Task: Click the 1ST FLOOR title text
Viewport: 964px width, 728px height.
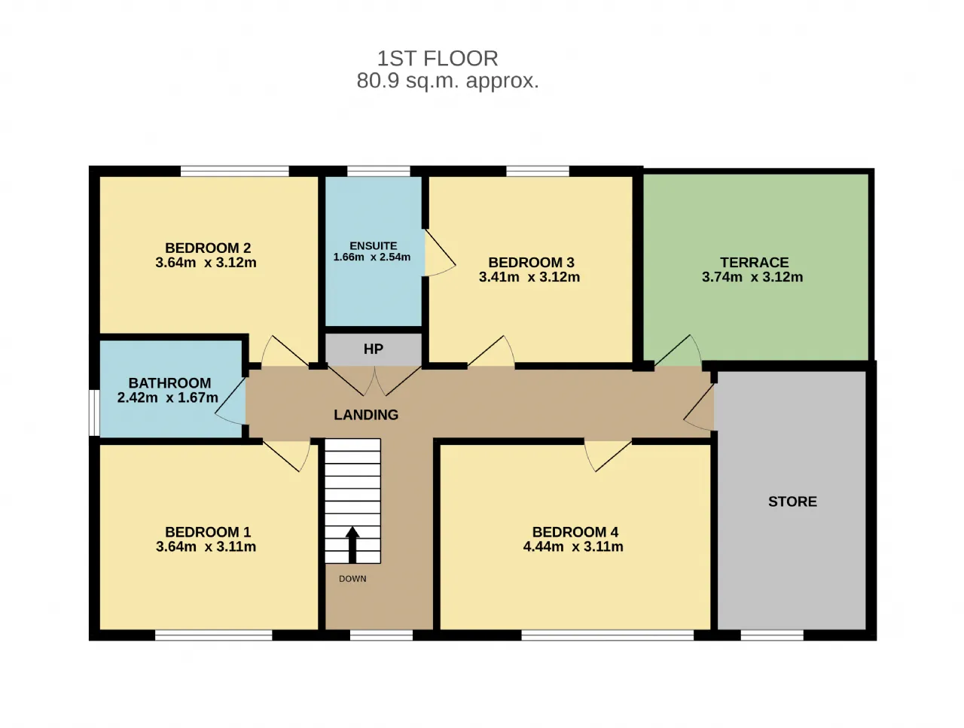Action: click(x=438, y=59)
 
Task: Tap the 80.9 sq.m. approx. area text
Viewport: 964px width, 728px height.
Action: click(x=447, y=81)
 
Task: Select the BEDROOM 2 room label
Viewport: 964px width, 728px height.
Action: click(x=208, y=248)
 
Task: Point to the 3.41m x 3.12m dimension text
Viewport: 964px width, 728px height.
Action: click(x=529, y=277)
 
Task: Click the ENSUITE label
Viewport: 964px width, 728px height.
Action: click(x=374, y=245)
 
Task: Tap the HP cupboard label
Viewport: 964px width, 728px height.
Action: click(x=374, y=349)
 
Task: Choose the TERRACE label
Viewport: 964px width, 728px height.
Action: click(x=755, y=263)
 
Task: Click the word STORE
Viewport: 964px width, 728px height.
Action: click(x=793, y=501)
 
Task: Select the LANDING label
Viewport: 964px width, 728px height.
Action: click(x=366, y=415)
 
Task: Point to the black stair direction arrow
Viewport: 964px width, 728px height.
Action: click(x=352, y=544)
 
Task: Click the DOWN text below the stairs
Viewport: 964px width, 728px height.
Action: click(x=352, y=579)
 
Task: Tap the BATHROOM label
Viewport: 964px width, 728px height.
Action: click(x=169, y=383)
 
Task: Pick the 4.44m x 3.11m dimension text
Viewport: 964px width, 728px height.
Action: click(x=573, y=547)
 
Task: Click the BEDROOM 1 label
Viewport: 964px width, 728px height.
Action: click(x=208, y=532)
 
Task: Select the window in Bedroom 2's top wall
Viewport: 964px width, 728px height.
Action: click(x=234, y=171)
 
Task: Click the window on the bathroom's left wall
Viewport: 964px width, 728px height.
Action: click(x=94, y=413)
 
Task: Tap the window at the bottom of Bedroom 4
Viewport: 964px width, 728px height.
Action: click(x=607, y=635)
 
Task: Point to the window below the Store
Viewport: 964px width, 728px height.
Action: click(x=772, y=635)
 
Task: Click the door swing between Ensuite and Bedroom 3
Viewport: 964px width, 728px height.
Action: click(x=439, y=253)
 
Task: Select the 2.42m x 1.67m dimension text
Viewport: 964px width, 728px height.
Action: click(x=168, y=398)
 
